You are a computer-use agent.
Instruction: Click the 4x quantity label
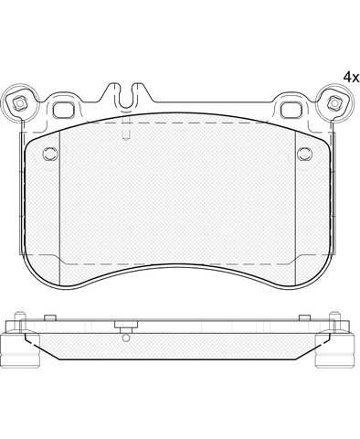[351, 77]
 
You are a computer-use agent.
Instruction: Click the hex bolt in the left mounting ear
[19, 103]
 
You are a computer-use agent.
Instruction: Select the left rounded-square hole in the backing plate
[64, 110]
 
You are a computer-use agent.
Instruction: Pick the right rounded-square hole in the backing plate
[291, 110]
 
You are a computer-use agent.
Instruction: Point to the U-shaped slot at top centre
[126, 96]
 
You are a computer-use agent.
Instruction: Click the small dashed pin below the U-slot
[126, 131]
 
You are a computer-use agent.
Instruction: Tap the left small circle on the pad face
[50, 154]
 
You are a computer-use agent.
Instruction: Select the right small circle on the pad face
[304, 154]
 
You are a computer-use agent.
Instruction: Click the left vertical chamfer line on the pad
[59, 209]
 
